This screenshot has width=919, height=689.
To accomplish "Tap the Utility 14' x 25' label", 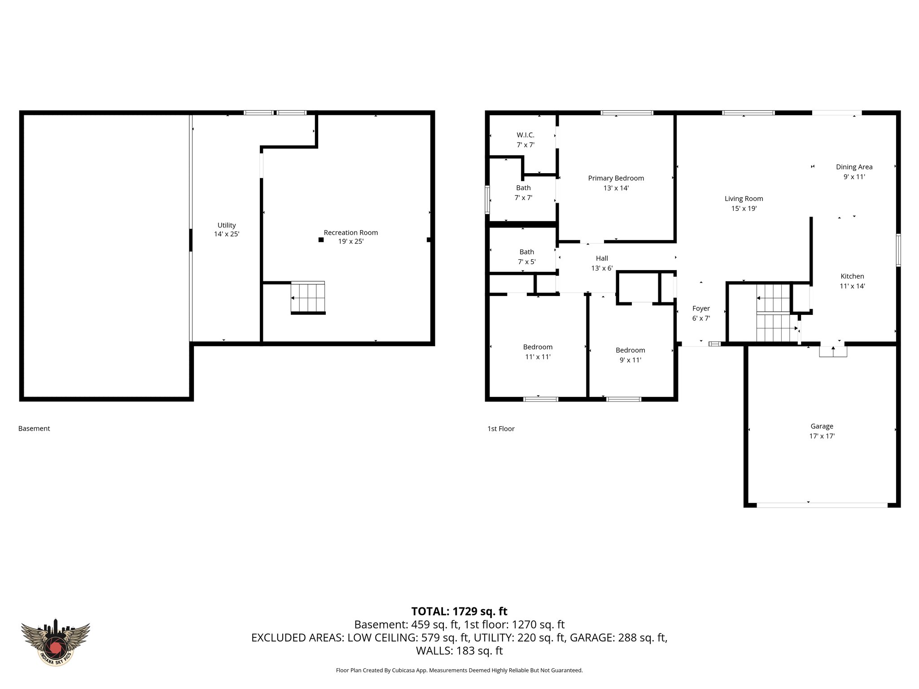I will pos(227,229).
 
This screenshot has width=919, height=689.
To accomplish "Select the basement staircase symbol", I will pos(308,297).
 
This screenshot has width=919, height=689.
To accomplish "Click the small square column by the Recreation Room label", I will pos(321,240).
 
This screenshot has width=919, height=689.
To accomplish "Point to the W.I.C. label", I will pos(525,135).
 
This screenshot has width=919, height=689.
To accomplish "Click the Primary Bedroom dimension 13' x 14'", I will pos(616,188).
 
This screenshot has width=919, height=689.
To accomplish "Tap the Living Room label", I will pos(744,199).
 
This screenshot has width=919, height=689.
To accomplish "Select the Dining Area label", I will pos(854,167).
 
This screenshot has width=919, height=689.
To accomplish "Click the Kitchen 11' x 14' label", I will pos(852,281).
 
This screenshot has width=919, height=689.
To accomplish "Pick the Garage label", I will pos(822,426).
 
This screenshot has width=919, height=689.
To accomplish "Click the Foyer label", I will pos(701,309).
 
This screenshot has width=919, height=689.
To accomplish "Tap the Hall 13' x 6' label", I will pos(602,263).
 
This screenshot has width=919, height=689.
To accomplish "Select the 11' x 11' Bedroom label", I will pos(538,352).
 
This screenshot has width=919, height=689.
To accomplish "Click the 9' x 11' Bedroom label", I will pos(630,355).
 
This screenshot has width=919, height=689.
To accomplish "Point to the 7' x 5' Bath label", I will pos(526,257).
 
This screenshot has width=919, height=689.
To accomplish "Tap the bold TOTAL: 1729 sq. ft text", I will pos(459,611).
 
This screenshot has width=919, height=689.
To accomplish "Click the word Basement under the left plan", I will pos(34,428).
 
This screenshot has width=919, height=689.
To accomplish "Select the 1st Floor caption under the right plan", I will pos(501,429).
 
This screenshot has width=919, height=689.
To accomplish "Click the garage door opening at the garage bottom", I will pos(822,505).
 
